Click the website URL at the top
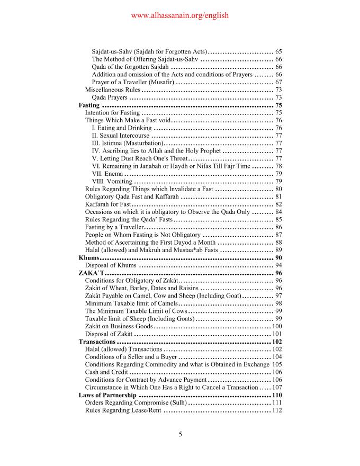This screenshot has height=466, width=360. pos(179,16)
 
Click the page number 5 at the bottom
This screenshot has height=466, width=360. pos(180,435)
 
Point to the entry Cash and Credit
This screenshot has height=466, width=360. pos(106,372)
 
